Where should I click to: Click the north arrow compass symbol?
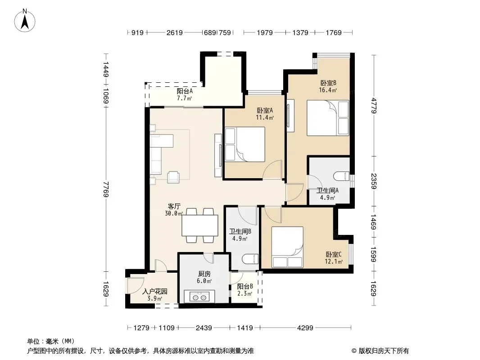(x=25, y=21)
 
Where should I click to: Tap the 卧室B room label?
(x=328, y=83)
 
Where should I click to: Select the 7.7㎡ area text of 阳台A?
(x=184, y=98)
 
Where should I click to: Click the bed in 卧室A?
(x=245, y=144)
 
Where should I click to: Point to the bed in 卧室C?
(x=287, y=247)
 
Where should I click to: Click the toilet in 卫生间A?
(x=341, y=176)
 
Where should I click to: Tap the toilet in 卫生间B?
(x=250, y=259)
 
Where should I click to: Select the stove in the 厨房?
(x=199, y=297)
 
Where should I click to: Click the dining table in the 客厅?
(x=200, y=225)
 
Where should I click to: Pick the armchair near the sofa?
(x=173, y=177)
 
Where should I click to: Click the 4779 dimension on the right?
(x=373, y=105)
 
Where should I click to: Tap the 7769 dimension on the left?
(x=106, y=189)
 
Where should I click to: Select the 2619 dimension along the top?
(x=175, y=32)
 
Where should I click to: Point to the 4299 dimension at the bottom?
(x=305, y=328)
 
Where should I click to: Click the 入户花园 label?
(x=155, y=292)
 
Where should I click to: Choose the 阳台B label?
(x=245, y=287)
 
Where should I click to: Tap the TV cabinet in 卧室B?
(x=290, y=116)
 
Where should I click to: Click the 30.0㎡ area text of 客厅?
(x=173, y=213)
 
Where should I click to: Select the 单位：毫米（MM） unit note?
(x=51, y=341)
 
